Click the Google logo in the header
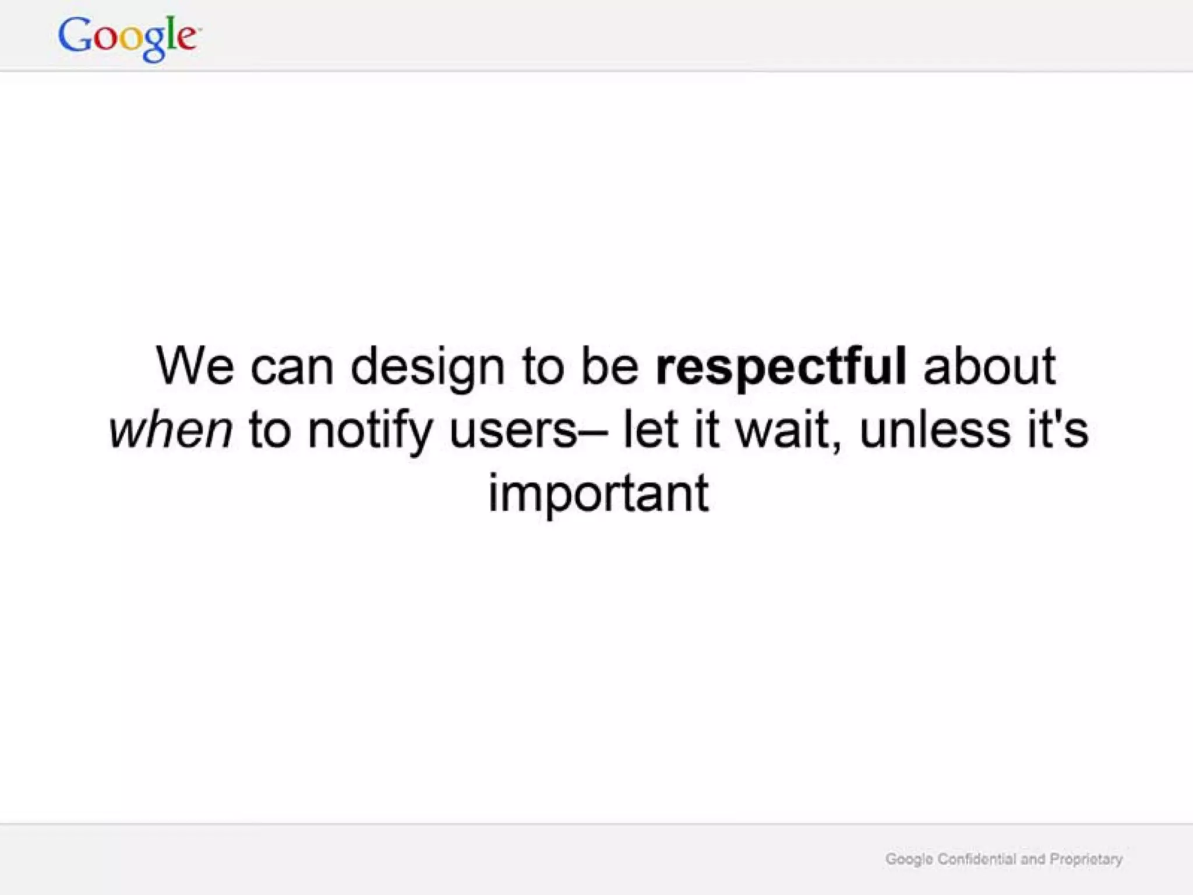[x=129, y=37]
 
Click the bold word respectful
[x=781, y=367]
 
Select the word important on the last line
[x=598, y=494]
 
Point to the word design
[x=428, y=367]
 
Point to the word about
[x=989, y=367]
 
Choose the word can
[x=292, y=367]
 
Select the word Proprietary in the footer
[x=1086, y=859]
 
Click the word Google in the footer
[x=909, y=859]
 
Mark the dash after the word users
[x=593, y=432]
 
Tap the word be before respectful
[x=610, y=367]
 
